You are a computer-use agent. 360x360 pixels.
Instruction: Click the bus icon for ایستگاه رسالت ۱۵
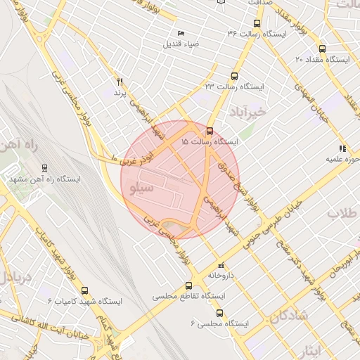210,131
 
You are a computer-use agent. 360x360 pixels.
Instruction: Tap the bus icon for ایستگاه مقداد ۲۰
322,49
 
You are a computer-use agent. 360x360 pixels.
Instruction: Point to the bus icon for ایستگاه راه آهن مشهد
45,169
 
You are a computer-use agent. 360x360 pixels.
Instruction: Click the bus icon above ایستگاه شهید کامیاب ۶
85,290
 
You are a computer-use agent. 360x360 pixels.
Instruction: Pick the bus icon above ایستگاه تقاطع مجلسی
188,285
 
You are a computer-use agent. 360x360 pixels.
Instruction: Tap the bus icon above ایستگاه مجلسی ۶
220,313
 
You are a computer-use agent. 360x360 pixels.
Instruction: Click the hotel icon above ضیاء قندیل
181,33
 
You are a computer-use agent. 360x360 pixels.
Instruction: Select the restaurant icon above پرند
119,82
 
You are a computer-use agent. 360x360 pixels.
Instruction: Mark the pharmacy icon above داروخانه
222,265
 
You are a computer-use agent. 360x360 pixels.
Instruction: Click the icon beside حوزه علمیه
342,148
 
